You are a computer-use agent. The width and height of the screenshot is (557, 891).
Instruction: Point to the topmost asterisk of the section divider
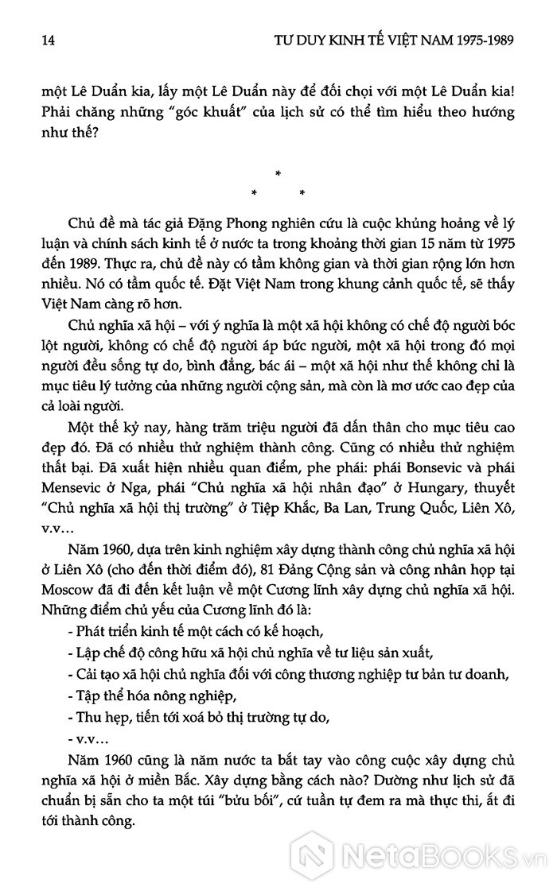[278, 173]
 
